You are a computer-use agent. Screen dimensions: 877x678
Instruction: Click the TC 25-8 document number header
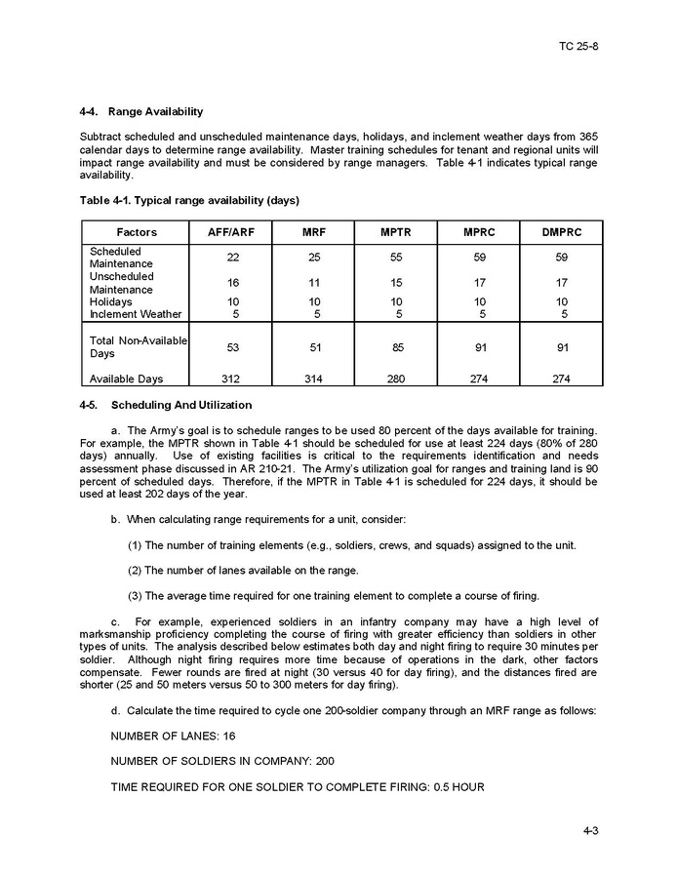578,46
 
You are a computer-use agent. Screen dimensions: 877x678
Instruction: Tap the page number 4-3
590,831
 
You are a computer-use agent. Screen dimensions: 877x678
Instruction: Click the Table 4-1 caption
189,200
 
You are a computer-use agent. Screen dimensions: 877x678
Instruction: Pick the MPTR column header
395,232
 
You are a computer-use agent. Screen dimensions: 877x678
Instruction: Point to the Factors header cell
137,232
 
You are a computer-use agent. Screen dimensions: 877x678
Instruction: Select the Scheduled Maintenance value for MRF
313,258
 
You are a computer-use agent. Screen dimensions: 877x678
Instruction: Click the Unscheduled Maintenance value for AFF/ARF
231,283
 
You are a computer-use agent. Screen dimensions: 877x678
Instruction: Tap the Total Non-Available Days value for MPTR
395,347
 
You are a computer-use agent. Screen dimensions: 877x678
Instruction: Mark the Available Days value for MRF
313,379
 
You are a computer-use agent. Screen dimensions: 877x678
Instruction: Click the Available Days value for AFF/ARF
231,379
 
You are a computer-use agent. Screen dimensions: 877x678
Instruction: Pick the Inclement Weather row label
136,314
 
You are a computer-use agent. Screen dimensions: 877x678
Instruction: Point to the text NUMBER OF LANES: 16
173,736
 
